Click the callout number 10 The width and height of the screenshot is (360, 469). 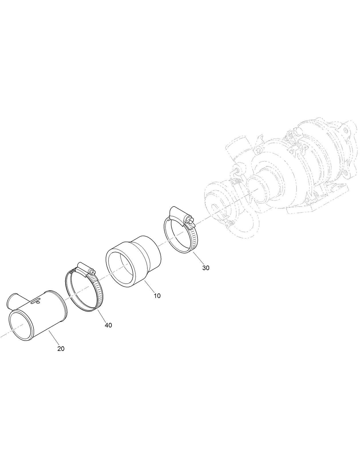point(157,296)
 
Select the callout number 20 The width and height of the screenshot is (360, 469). point(61,349)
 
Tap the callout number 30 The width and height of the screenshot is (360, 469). point(206,268)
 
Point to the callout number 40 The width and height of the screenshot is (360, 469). point(108,325)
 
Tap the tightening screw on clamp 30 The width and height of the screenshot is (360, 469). point(189,220)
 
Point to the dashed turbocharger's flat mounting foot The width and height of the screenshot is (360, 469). point(318,206)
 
